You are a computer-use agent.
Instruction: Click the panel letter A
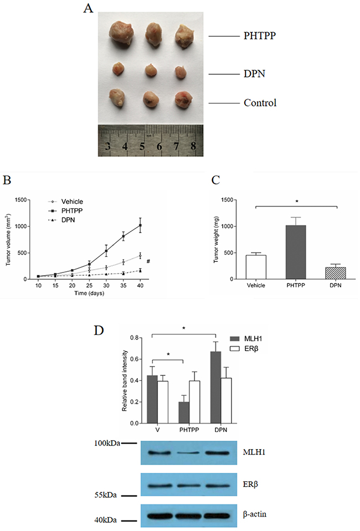pos(87,9)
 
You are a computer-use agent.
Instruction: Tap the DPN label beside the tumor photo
pos(254,73)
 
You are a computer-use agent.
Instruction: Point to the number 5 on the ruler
pos(142,147)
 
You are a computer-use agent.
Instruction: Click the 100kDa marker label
pos(106,444)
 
